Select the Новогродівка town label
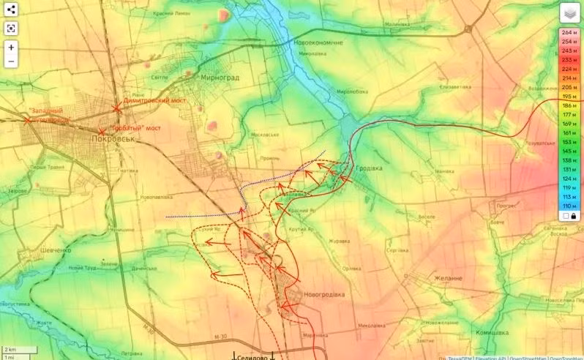point(319,294)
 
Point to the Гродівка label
point(370,168)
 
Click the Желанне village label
point(447,278)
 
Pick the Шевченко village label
point(51,250)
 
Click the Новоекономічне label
point(318,42)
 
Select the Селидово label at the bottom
point(253,356)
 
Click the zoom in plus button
point(12,48)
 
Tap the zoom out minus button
point(12,61)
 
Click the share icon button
point(12,10)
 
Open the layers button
point(569,12)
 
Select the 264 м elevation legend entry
point(568,32)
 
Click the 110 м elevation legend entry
point(568,206)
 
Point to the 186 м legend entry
point(568,106)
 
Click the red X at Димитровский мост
point(116,108)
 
